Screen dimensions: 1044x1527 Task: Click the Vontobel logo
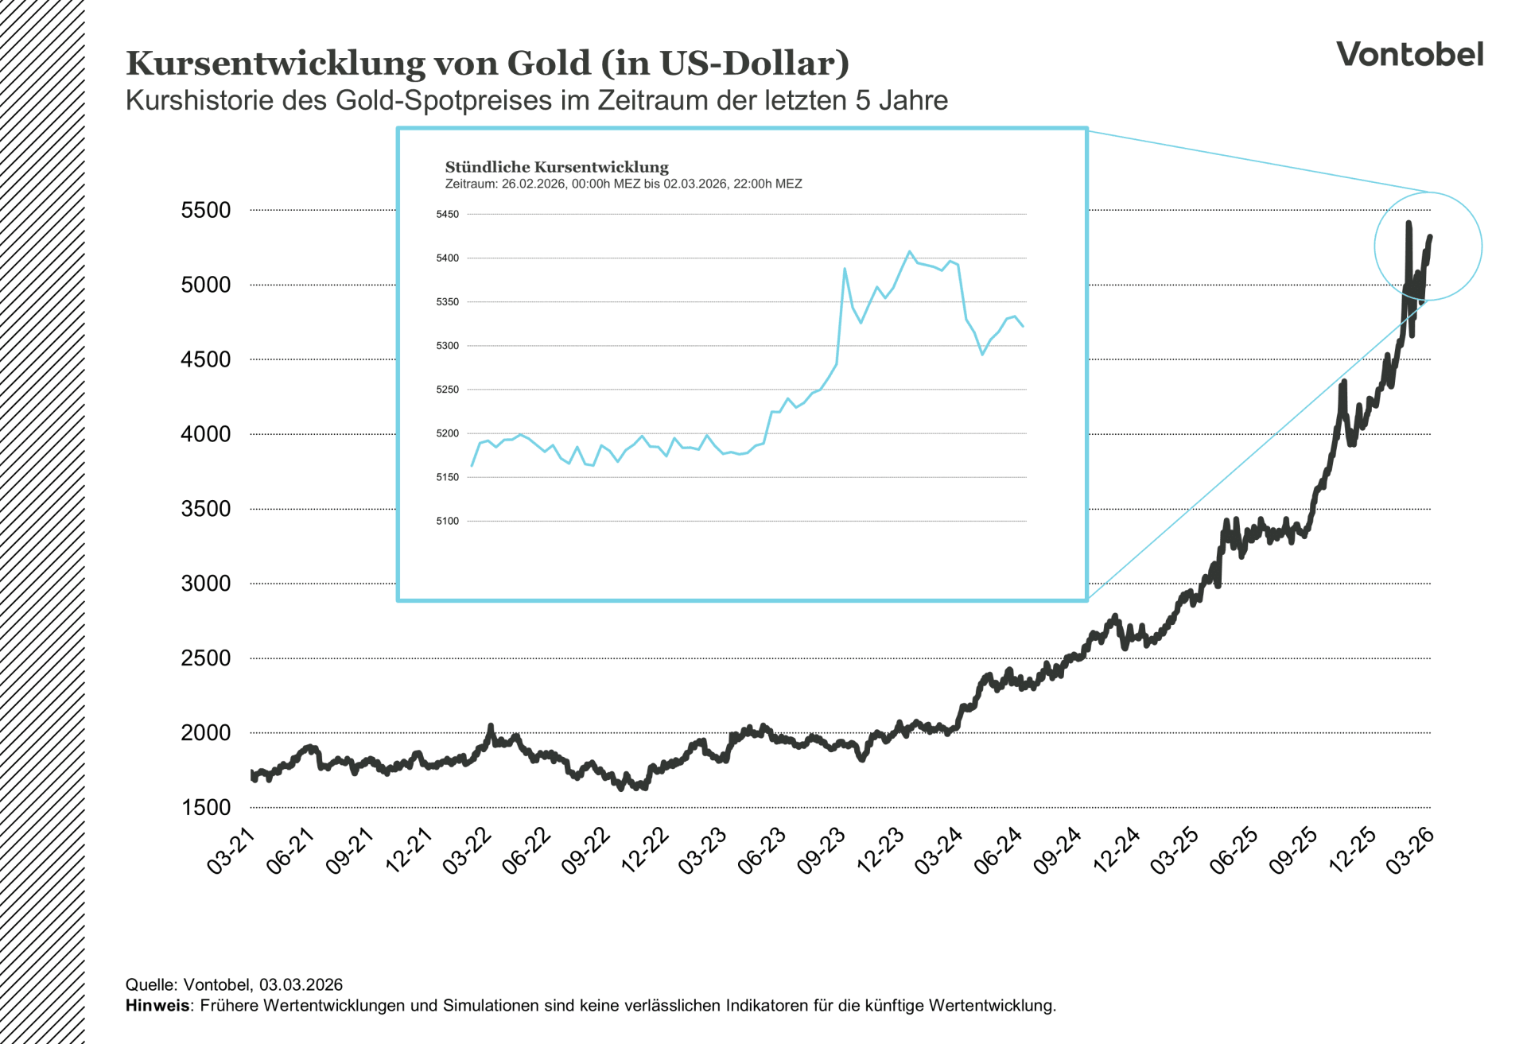click(x=1409, y=54)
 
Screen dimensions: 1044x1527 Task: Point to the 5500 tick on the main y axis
click(x=205, y=211)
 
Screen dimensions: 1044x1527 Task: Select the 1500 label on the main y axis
click(x=205, y=808)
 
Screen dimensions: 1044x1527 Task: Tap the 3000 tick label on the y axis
click(x=205, y=584)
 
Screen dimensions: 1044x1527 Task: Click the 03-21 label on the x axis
click(x=231, y=851)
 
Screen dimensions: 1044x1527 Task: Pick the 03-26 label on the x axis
click(x=1410, y=851)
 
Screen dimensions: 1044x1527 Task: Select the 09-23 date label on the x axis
click(x=821, y=851)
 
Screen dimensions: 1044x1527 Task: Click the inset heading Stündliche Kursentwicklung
click(x=557, y=167)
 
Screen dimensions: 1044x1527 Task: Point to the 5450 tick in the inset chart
click(x=447, y=215)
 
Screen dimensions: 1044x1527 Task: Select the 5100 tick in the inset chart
click(x=447, y=522)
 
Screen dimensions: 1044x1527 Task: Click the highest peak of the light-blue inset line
click(x=910, y=251)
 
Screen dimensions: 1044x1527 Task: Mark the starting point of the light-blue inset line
click(x=472, y=466)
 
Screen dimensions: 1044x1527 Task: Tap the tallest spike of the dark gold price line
click(x=1408, y=223)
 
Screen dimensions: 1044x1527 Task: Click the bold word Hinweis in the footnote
click(x=157, y=1006)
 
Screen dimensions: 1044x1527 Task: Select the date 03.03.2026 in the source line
click(x=301, y=984)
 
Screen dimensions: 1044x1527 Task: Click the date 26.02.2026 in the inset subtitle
click(x=533, y=184)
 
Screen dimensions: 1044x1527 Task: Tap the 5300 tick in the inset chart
click(x=447, y=346)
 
